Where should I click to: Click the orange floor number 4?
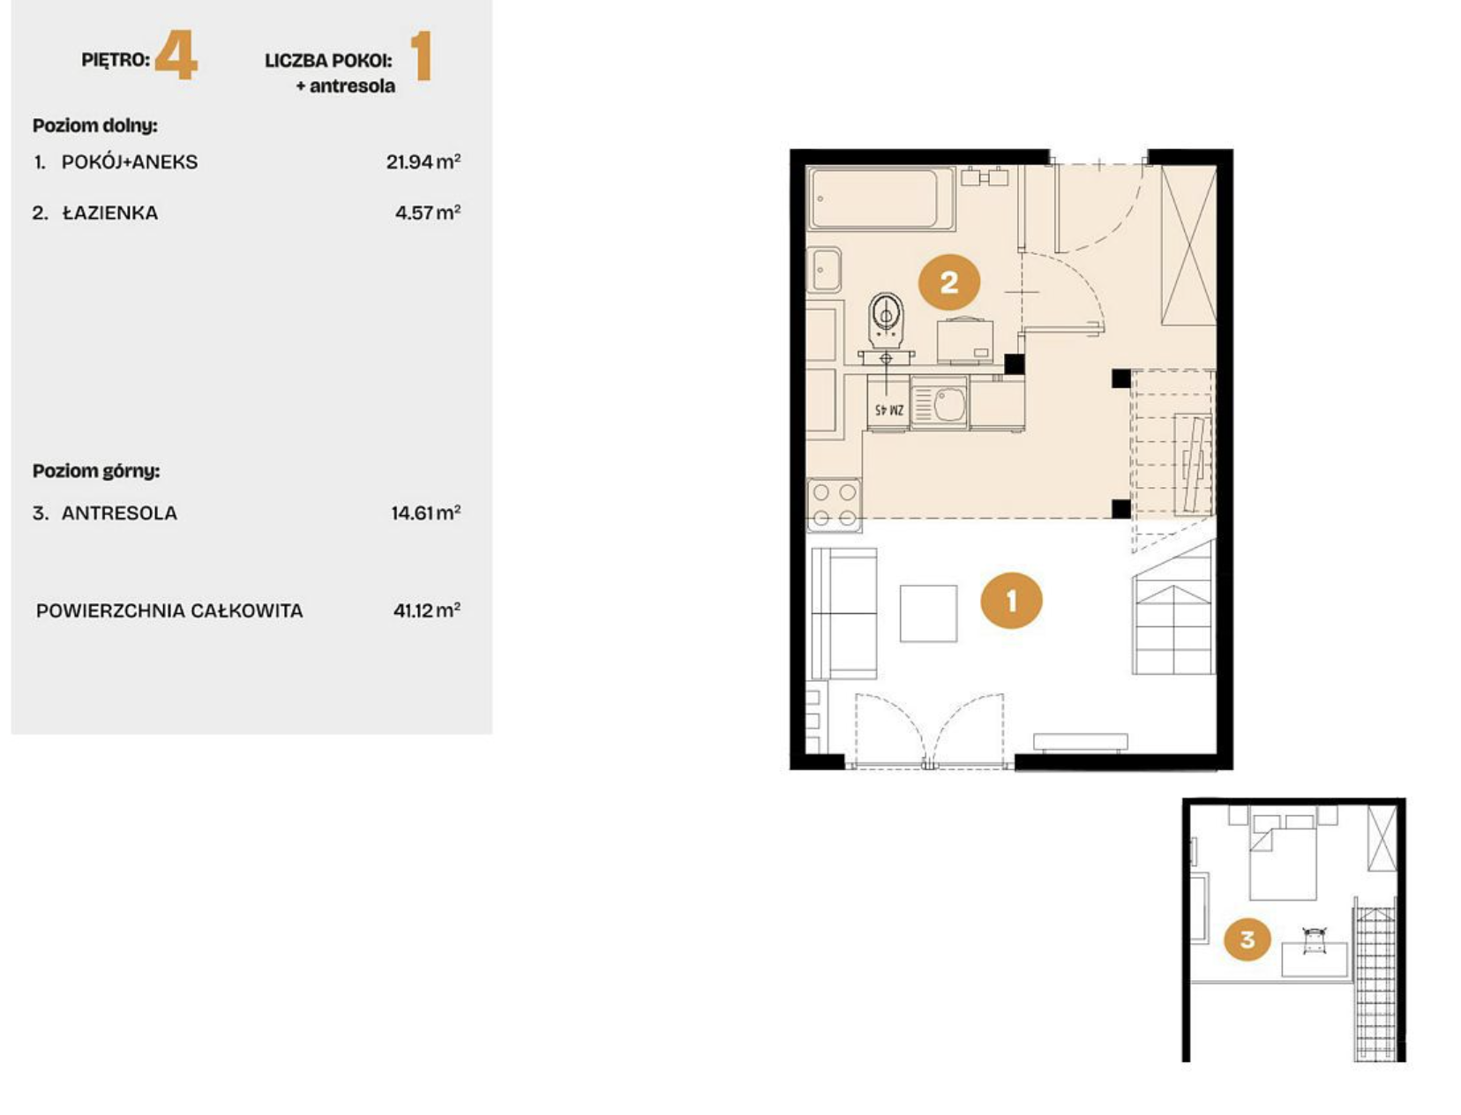tap(176, 58)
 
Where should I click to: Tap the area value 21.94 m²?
tap(423, 161)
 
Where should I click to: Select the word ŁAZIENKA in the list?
tap(110, 213)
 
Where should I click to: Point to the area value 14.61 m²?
tap(426, 513)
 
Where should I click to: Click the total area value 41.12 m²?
tap(427, 610)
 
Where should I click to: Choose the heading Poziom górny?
tap(96, 472)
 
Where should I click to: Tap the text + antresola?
tap(346, 86)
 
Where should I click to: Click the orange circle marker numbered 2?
tap(949, 283)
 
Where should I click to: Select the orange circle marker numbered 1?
tap(1011, 601)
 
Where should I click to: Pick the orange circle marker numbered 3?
tap(1247, 939)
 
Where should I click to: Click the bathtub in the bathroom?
tap(881, 198)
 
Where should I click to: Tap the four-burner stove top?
tap(835, 505)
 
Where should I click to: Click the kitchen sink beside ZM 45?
tap(940, 403)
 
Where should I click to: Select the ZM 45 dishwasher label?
tap(888, 410)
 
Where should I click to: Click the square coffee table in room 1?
tap(928, 613)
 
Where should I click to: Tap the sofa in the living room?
tap(844, 613)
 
